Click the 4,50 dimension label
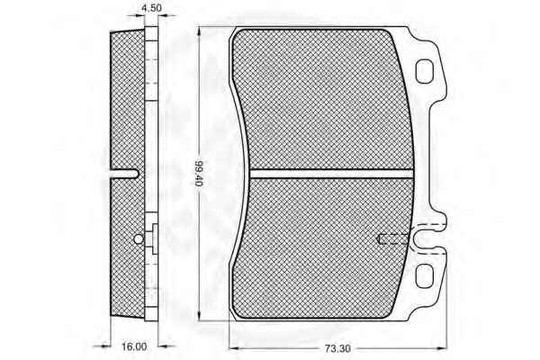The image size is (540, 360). (152, 7)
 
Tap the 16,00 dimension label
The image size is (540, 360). (134, 346)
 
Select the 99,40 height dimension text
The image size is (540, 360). (199, 174)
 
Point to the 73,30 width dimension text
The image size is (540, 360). (337, 348)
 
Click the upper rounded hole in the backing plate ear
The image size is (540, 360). (424, 71)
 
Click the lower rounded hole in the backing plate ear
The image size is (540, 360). (424, 276)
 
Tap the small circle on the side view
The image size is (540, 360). (139, 238)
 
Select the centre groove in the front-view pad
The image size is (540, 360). (331, 174)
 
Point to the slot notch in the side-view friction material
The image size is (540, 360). (124, 174)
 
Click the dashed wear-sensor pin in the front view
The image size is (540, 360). (393, 238)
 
